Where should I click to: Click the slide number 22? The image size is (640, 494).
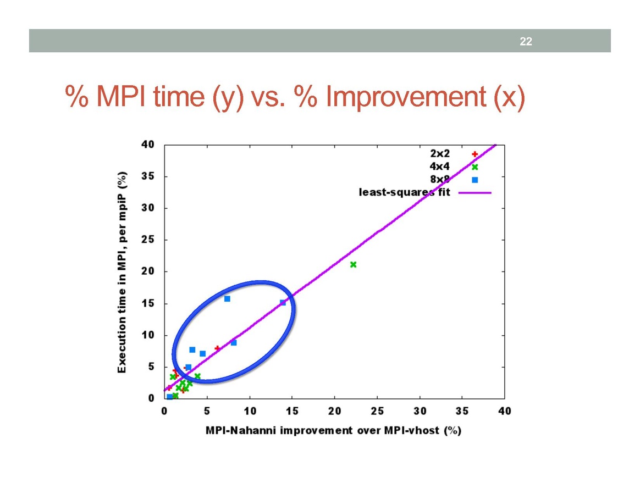point(526,41)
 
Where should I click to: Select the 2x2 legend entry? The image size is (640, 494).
point(440,154)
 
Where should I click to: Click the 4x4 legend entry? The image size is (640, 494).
point(440,166)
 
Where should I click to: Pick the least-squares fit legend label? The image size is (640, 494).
point(404,192)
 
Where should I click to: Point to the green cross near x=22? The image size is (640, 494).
point(353,264)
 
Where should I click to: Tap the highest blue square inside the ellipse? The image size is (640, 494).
point(227,299)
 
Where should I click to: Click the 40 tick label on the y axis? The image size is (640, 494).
point(148,145)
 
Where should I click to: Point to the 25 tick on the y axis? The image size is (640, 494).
point(148,240)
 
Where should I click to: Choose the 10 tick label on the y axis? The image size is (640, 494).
point(148,335)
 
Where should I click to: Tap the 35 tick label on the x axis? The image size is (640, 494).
point(462,411)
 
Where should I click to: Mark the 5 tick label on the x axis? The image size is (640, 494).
point(207,411)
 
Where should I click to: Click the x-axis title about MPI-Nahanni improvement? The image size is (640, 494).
point(333,430)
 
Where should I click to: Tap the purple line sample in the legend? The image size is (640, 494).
point(474,192)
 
